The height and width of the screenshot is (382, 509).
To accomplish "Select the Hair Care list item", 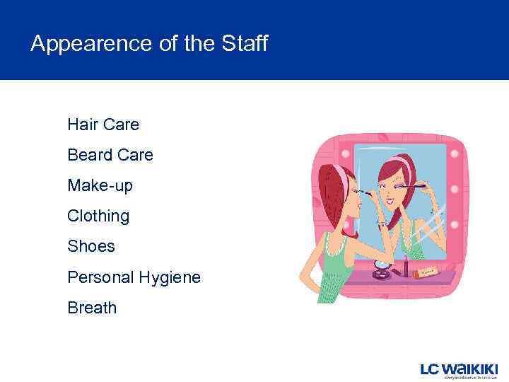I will [x=103, y=125].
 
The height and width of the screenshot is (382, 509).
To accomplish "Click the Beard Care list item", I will [x=110, y=155].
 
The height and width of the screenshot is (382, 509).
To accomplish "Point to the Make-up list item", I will [x=100, y=185].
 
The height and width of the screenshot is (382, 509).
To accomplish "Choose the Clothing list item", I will [x=98, y=216].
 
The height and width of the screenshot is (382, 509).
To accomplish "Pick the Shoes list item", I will [x=90, y=246].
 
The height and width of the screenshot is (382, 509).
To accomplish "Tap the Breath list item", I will [x=92, y=308].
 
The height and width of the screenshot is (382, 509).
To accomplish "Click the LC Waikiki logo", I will [x=459, y=369].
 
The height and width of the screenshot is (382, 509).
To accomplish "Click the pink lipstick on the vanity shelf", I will [x=406, y=269].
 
